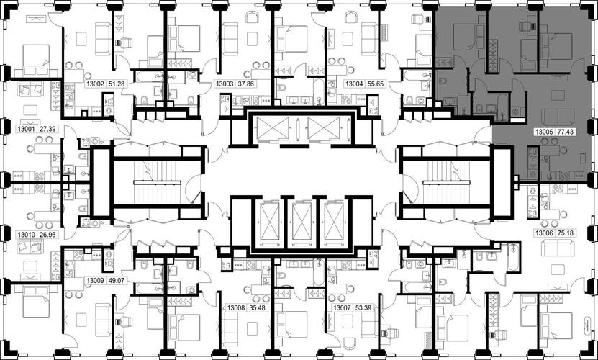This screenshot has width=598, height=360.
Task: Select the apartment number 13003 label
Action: (225, 84)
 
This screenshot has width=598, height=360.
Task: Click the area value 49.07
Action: (117, 281)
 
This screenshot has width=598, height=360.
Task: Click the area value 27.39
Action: (47, 129)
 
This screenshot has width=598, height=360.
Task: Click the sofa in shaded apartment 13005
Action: (558, 117)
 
